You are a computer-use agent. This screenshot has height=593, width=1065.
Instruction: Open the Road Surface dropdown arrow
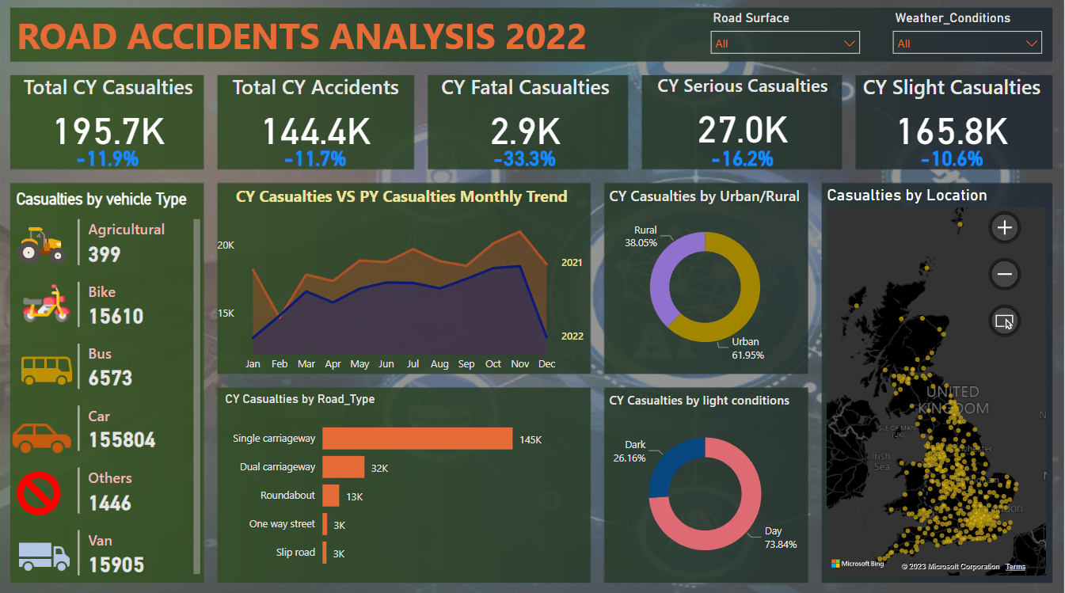pyautogui.click(x=850, y=43)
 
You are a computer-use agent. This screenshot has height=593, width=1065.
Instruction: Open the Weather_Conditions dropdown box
pyautogui.click(x=966, y=43)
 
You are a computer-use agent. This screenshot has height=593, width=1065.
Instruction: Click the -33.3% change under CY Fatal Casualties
pyautogui.click(x=524, y=158)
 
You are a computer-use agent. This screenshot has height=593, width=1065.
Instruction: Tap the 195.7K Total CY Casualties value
pyautogui.click(x=109, y=131)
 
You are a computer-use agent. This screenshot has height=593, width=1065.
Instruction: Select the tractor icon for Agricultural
pyautogui.click(x=41, y=243)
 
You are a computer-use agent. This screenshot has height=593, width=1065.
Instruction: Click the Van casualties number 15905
pyautogui.click(x=116, y=564)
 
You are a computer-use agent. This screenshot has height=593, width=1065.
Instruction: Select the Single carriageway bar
pyautogui.click(x=417, y=439)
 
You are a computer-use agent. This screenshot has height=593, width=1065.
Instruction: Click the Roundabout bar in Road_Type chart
pyautogui.click(x=331, y=496)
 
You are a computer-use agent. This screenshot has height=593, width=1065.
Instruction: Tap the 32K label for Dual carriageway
pyautogui.click(x=380, y=469)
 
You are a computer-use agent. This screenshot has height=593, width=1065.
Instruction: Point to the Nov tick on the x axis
pyautogui.click(x=519, y=364)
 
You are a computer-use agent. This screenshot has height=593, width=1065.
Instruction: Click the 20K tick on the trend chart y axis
pyautogui.click(x=226, y=245)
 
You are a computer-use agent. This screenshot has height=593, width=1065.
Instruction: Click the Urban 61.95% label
pyautogui.click(x=747, y=348)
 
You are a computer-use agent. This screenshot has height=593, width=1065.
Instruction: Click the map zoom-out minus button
pyautogui.click(x=1005, y=275)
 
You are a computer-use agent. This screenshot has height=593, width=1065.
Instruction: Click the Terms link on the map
pyautogui.click(x=1015, y=567)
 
